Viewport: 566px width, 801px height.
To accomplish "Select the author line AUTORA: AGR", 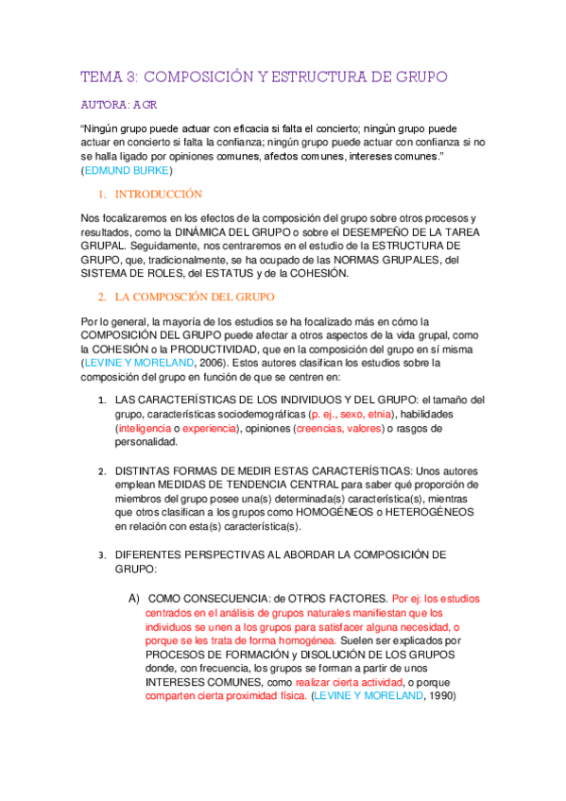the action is (x=118, y=105).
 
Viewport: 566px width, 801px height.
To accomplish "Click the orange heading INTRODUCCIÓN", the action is (x=158, y=194).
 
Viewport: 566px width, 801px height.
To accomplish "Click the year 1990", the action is (x=440, y=696).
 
